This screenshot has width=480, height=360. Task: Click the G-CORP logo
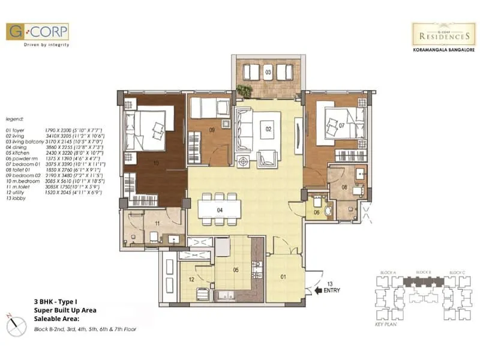(37, 32)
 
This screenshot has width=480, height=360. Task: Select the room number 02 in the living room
(269, 129)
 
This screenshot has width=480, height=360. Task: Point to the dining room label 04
(220, 210)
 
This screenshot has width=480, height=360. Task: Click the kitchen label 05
(236, 270)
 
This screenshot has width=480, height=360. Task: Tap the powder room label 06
(316, 212)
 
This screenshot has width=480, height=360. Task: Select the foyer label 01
(285, 277)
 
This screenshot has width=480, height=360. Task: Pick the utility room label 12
(191, 279)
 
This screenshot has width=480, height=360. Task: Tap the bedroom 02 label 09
(212, 129)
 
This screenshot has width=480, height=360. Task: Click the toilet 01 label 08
(344, 187)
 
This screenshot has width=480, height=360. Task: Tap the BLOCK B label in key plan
(424, 272)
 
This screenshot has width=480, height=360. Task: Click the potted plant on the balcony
(244, 91)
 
